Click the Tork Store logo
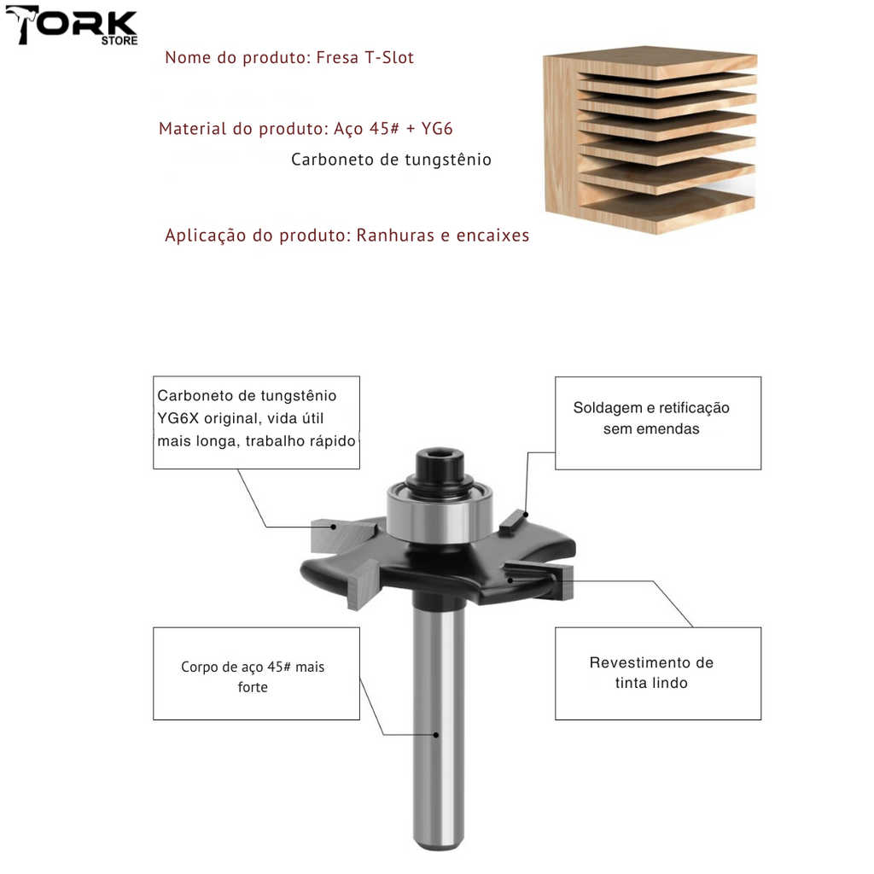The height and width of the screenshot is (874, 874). coord(72,27)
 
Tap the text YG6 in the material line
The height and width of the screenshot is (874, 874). coord(436,130)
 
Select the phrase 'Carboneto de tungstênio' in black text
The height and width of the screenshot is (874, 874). coord(391,160)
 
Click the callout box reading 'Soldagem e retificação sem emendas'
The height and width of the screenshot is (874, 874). coord(657,422)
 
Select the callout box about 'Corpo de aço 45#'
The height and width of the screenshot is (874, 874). coord(256,673)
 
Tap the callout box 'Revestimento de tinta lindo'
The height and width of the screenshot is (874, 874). coord(657,673)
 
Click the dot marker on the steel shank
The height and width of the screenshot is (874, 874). coord(436,734)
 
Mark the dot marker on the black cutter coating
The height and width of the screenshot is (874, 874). coord(510,580)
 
